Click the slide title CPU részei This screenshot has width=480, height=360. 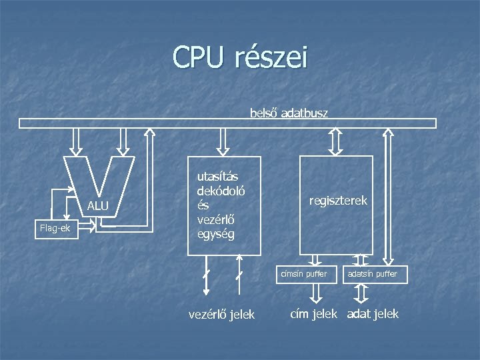[x=240, y=57]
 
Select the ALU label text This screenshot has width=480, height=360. [x=97, y=206]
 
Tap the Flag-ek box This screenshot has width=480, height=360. [x=55, y=229]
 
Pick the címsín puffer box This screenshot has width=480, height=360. [x=304, y=274]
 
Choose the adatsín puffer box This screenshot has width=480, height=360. [x=375, y=274]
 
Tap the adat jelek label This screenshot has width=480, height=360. [x=373, y=313]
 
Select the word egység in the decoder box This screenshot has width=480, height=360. [x=215, y=234]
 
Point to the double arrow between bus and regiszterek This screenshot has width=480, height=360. [x=336, y=141]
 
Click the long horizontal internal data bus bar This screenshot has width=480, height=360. [x=227, y=123]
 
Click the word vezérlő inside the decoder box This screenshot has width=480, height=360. [x=215, y=220]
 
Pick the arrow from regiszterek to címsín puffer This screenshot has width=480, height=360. [x=317, y=260]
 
